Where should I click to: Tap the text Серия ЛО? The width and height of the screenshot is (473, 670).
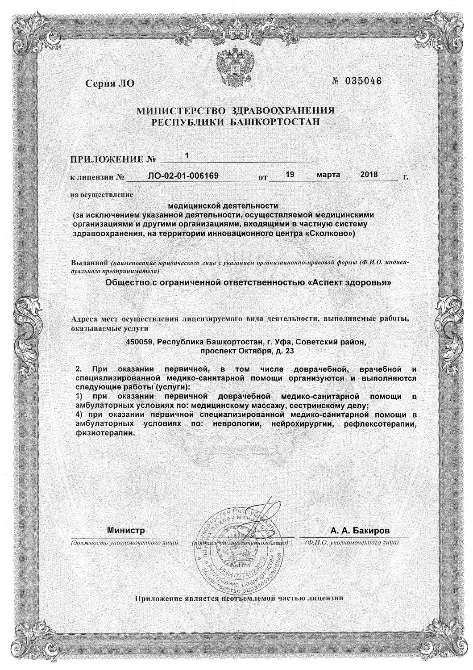click(x=109, y=84)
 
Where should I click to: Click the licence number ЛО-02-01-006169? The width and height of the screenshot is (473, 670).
click(x=183, y=176)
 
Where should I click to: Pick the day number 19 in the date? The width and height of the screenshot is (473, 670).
click(x=289, y=175)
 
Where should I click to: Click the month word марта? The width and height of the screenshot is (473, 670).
click(x=328, y=175)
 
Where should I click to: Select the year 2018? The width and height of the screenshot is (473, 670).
click(x=369, y=175)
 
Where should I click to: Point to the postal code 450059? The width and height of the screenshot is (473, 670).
click(x=141, y=342)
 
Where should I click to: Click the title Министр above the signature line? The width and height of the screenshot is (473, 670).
click(x=126, y=531)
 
